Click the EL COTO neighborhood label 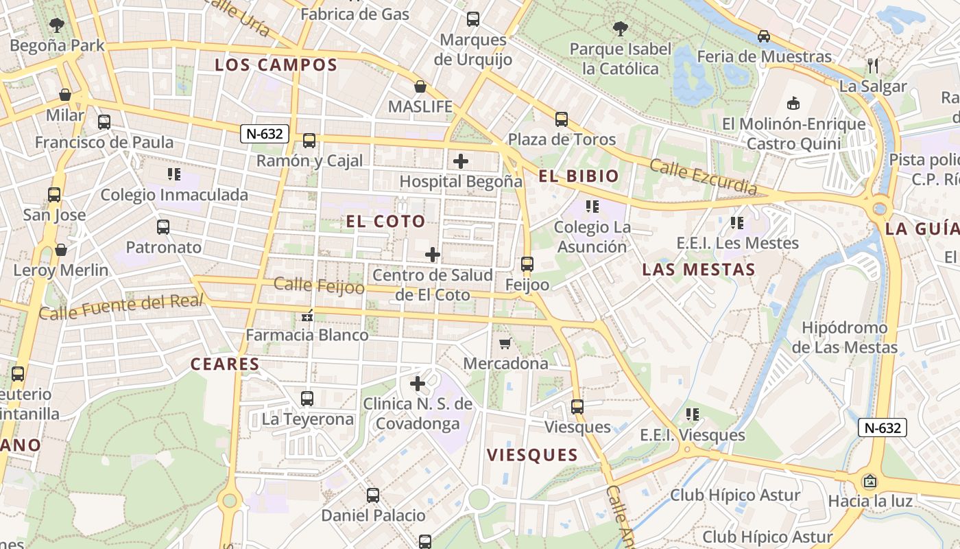click(385, 221)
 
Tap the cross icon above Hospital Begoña click(461, 162)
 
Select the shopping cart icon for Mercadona click(505, 343)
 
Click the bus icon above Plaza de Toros click(562, 119)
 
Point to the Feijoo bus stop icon click(527, 264)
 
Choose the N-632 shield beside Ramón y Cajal click(264, 134)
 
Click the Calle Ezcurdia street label click(704, 176)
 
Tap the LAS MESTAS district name click(698, 270)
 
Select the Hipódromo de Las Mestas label click(844, 338)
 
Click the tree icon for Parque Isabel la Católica click(621, 29)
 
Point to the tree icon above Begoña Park click(57, 25)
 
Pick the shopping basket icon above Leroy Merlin click(61, 250)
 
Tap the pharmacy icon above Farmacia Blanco click(307, 316)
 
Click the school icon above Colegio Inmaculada click(174, 174)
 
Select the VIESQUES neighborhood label click(532, 455)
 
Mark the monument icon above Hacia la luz click(870, 481)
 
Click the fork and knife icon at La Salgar click(873, 66)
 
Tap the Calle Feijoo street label click(319, 285)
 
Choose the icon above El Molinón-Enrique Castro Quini click(793, 104)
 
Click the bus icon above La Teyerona click(307, 398)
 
